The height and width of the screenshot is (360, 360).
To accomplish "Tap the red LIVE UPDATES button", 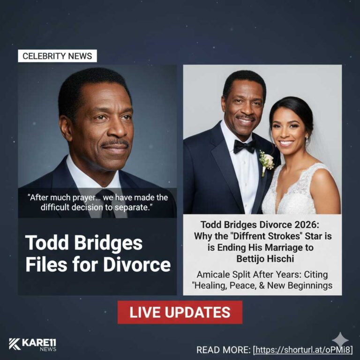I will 180,312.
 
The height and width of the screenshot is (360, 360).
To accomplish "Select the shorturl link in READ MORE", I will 302,350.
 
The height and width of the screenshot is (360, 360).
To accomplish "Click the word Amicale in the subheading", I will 216,274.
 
